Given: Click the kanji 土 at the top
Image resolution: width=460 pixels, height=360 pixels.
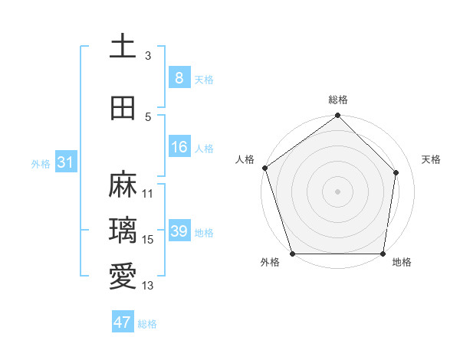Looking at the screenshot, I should [123, 47].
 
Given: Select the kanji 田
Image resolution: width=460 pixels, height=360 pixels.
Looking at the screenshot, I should [123, 109].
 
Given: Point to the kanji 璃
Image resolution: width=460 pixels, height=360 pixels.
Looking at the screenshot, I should [123, 231].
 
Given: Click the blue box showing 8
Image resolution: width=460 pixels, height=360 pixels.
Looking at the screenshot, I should [179, 78].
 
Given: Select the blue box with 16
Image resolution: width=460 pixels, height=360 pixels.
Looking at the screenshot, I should [179, 147].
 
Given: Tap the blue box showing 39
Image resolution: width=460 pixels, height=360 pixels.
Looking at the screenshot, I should [179, 231].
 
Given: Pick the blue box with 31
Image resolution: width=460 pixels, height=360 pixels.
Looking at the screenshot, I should [65, 162].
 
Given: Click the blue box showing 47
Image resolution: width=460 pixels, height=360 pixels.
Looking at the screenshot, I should [123, 322].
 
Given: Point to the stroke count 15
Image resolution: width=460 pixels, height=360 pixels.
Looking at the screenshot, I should [148, 240].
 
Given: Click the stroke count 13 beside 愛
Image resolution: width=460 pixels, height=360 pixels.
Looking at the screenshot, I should [148, 286].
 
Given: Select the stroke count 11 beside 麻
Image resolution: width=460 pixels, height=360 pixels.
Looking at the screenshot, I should [148, 194].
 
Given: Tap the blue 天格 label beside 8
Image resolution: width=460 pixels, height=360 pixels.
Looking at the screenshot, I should [204, 79].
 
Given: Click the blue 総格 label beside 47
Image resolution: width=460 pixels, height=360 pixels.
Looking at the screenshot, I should [147, 324].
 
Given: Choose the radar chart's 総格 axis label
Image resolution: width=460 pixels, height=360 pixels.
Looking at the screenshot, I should [337, 100].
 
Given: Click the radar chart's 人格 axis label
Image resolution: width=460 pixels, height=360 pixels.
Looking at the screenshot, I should [245, 159].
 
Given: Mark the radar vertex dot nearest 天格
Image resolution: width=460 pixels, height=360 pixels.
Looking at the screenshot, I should [396, 172].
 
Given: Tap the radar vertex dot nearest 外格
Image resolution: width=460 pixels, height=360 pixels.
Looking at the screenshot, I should [292, 254].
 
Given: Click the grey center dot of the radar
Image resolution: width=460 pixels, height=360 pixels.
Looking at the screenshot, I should [337, 191].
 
